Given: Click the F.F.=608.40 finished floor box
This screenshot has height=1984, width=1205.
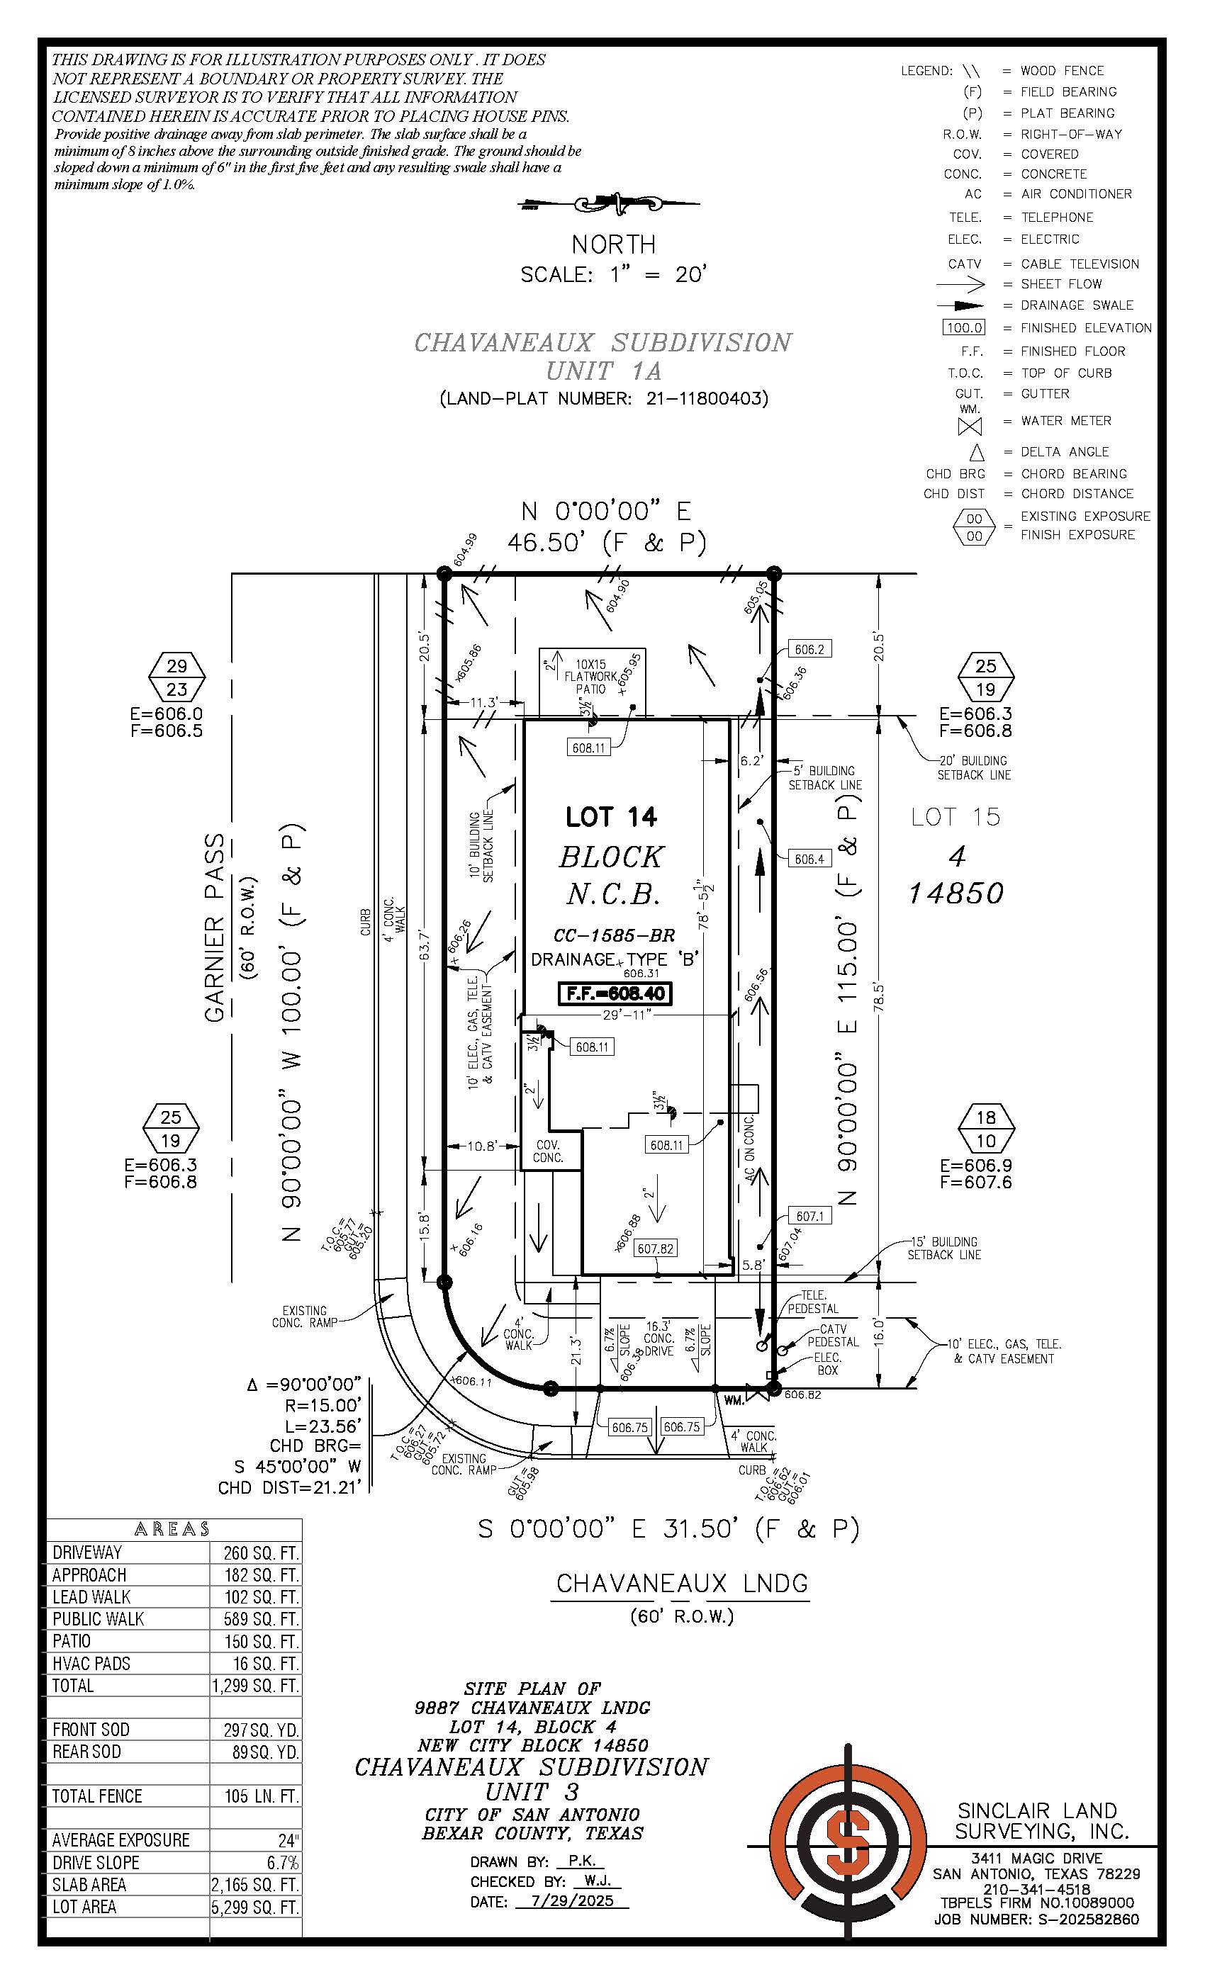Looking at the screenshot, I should [615, 993].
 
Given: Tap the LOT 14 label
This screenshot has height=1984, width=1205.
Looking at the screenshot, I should [611, 816].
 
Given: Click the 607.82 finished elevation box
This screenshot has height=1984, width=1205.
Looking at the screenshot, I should [655, 1248].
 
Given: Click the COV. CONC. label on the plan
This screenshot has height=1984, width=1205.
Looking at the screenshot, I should [548, 1151].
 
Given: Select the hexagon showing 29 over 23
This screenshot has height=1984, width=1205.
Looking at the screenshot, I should [177, 677].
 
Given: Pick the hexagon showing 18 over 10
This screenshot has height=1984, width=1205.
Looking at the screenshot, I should [986, 1128].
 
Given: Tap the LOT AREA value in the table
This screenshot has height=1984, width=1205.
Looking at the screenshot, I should [254, 1906].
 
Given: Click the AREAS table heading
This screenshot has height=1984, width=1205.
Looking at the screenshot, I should [172, 1528].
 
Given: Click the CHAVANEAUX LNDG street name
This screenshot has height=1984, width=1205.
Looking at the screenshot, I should [681, 1583].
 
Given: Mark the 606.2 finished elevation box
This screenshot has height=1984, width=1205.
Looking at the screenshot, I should [809, 649].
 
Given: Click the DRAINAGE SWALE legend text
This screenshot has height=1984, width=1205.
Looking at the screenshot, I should [1076, 305].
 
